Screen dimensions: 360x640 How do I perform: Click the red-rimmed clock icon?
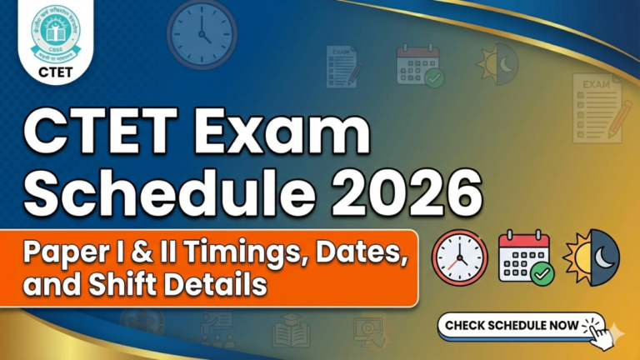tap(460, 258)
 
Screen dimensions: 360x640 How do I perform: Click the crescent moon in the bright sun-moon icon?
tap(605, 257)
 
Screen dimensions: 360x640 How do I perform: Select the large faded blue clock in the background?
tap(202, 32)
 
